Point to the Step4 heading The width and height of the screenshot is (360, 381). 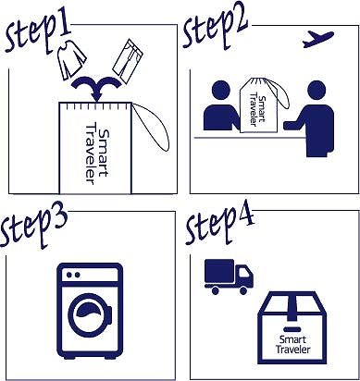tap(219, 225)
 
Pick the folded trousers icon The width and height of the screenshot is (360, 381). tap(128, 61)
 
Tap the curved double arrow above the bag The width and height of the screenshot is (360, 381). tap(96, 87)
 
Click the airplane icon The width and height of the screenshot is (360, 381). tap(317, 40)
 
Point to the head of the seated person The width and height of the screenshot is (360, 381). tap(221, 91)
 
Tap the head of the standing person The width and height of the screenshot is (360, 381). tap(317, 91)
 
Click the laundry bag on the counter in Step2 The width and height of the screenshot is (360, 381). tap(258, 104)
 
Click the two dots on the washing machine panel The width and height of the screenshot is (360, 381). tap(73, 275)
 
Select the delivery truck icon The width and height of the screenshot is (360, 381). tap(229, 277)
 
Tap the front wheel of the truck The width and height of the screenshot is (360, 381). tap(243, 290)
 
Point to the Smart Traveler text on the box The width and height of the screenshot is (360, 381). tap(292, 345)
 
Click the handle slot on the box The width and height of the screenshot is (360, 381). tap(292, 329)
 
